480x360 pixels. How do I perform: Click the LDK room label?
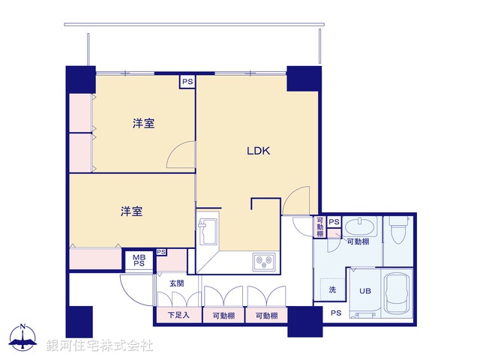[x=259, y=151]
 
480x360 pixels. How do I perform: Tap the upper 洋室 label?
[x=144, y=123]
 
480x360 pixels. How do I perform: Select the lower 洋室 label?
[x=131, y=211]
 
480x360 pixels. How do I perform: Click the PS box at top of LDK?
[x=187, y=82]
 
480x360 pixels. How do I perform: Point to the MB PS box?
[x=139, y=260]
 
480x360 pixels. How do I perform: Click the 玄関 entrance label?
[x=175, y=283]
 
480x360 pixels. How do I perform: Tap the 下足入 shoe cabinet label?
[x=178, y=316]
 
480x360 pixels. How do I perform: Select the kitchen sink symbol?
[x=207, y=229]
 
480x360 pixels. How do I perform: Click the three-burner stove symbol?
[x=264, y=262]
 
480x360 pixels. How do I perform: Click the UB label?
[x=364, y=291]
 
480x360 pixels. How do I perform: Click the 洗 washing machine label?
[x=332, y=289]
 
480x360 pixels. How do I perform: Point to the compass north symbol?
[x=23, y=337]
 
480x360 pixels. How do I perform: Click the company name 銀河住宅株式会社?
[x=100, y=346]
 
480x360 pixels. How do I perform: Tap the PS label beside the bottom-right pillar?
[x=335, y=313]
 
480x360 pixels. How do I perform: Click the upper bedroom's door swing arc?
[x=178, y=155]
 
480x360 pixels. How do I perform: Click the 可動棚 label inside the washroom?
[x=358, y=242]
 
